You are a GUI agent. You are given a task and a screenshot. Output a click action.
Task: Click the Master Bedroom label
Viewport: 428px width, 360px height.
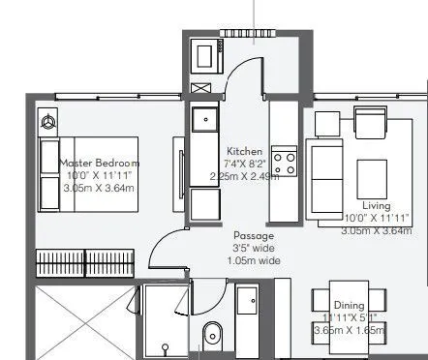click(101, 164)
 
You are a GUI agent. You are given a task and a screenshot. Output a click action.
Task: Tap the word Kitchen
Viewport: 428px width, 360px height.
click(243, 153)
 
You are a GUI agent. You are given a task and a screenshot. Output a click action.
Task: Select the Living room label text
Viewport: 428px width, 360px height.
click(377, 206)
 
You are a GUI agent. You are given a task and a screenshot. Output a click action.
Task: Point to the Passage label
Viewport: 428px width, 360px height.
click(254, 235)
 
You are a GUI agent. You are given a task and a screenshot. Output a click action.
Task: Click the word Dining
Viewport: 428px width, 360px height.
click(349, 308)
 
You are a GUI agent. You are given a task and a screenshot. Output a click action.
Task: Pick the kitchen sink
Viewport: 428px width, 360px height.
click(204, 120)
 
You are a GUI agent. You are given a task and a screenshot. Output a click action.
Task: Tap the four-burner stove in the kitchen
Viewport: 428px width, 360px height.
click(284, 161)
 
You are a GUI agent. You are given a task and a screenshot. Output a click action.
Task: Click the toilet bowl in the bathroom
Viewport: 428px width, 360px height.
click(211, 336)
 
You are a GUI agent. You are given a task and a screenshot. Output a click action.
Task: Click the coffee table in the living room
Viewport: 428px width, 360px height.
click(374, 177)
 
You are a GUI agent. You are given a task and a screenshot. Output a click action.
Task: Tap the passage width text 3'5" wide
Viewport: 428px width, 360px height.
click(254, 248)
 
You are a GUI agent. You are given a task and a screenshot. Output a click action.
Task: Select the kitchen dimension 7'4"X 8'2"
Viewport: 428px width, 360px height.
click(243, 165)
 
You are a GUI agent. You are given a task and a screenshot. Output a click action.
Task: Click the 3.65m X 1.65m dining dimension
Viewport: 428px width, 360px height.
click(349, 331)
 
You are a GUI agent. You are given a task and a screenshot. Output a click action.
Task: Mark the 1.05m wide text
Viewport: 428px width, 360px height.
click(254, 260)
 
